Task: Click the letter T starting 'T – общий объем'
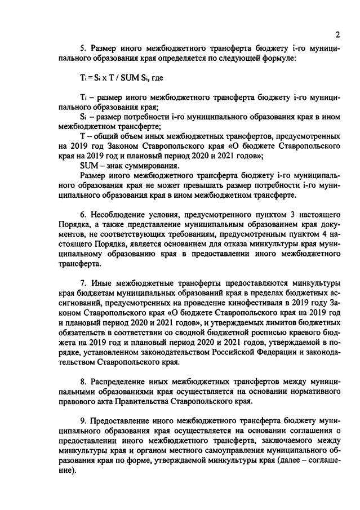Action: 82,136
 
